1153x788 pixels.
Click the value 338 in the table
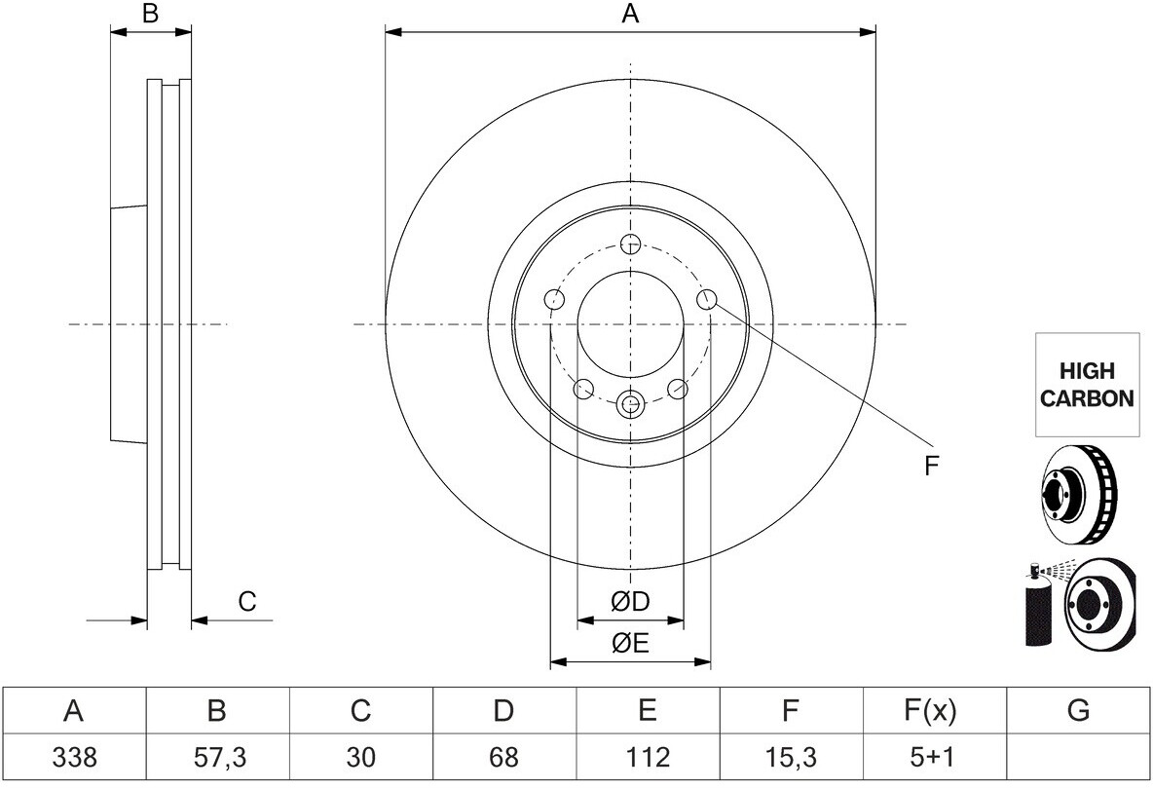[74, 757]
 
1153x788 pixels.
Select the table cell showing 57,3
[217, 757]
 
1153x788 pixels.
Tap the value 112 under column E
[647, 757]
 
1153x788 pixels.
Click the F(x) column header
[929, 711]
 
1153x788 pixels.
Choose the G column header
[1077, 711]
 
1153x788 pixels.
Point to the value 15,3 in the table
[790, 757]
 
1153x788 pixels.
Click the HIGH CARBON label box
[1087, 385]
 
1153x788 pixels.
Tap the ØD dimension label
[630, 602]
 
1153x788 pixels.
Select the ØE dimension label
[630, 644]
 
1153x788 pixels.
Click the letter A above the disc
[630, 14]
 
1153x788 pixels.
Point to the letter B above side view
[150, 14]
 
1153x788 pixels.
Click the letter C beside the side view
[247, 602]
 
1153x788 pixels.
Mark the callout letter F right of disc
[932, 466]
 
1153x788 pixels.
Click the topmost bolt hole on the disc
[630, 244]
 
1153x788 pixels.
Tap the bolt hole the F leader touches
[706, 299]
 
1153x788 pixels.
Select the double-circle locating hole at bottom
[630, 403]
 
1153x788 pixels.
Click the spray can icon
[1038, 605]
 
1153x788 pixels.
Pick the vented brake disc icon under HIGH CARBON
[1078, 495]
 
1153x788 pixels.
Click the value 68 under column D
[503, 757]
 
